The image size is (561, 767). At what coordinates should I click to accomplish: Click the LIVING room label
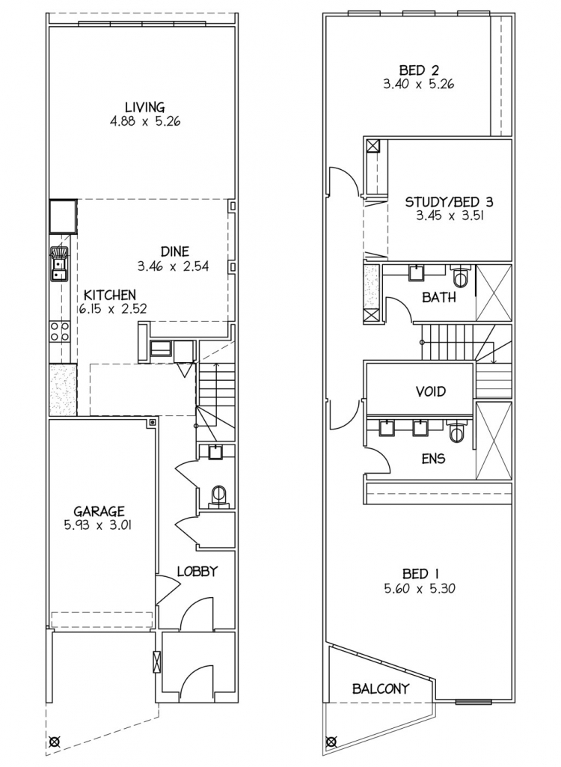tap(145, 107)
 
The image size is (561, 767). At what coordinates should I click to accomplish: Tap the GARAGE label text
tap(99, 512)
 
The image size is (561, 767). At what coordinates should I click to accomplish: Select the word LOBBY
tap(197, 571)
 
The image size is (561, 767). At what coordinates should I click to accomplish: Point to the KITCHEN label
tap(110, 295)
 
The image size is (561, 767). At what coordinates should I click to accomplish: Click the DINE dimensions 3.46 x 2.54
tap(173, 266)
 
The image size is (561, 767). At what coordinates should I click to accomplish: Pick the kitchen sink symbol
tap(60, 263)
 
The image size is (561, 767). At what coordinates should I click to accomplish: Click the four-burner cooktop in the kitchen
tap(60, 331)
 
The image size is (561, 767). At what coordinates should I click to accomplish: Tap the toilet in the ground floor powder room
tap(218, 496)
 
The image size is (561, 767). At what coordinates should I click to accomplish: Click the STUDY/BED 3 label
tap(449, 201)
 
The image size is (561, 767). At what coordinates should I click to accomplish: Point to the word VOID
tap(431, 391)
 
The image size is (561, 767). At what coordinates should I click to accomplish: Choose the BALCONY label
tap(381, 688)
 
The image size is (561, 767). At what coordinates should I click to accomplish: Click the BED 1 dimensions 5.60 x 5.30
tap(420, 588)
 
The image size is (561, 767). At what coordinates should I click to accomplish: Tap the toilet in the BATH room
tap(461, 276)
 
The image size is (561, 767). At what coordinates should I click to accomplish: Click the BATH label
tap(439, 297)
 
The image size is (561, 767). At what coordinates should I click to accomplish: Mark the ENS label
tap(433, 459)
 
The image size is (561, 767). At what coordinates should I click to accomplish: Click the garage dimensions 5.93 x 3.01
tap(99, 525)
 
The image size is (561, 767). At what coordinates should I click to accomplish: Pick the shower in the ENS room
tap(494, 440)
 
